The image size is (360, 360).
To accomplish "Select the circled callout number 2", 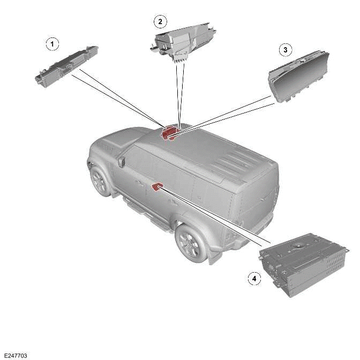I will tap(160, 21).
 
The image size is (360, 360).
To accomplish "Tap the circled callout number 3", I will tap(285, 50).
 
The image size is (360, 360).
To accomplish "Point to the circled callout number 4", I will tap(253, 278).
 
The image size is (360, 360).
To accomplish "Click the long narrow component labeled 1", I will tap(67, 65).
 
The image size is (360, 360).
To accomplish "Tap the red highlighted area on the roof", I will tap(170, 132).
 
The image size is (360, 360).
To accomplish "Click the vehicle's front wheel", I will tap(101, 181).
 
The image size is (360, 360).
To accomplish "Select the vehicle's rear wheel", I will tap(192, 242).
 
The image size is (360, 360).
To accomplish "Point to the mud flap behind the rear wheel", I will tap(215, 256).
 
